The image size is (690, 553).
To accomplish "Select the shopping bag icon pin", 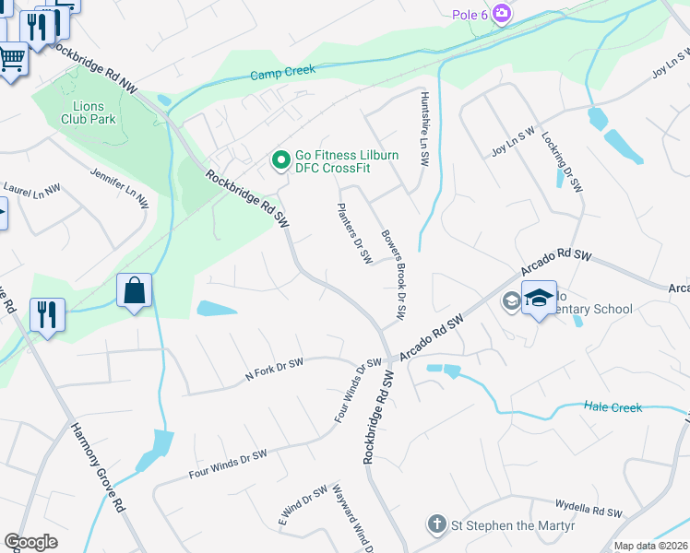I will [135, 290].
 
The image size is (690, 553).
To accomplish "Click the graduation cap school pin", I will [540, 299].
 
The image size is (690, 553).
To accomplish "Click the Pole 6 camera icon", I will [502, 13].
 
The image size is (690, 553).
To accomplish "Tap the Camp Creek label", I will [283, 71].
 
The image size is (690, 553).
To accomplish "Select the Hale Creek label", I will [613, 406].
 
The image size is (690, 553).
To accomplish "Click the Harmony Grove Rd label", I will [98, 467].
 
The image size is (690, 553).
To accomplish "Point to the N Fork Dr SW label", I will [274, 370].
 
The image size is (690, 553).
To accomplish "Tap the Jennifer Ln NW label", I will [119, 186].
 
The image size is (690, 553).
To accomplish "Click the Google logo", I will [30, 542].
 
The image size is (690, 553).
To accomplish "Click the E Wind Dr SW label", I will [303, 506].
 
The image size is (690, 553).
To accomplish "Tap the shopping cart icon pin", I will [11, 60].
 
